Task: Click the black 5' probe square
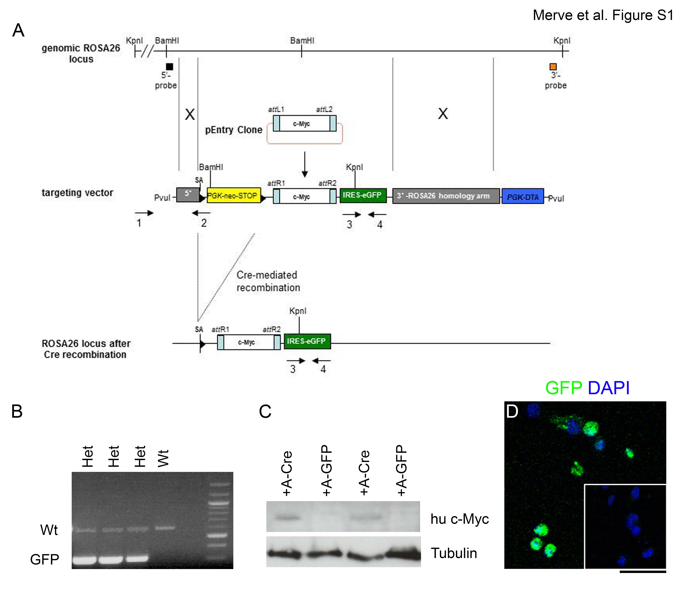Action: tap(170, 66)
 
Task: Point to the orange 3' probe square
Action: tap(553, 66)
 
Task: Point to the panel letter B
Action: tap(17, 411)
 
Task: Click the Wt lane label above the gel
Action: tap(164, 458)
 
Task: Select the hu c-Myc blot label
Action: tap(460, 519)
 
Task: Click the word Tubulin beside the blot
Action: tap(454, 553)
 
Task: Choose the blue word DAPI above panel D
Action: tap(609, 388)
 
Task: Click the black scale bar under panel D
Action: tap(643, 572)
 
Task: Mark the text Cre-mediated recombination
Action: tap(268, 281)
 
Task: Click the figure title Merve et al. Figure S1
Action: tap(603, 15)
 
